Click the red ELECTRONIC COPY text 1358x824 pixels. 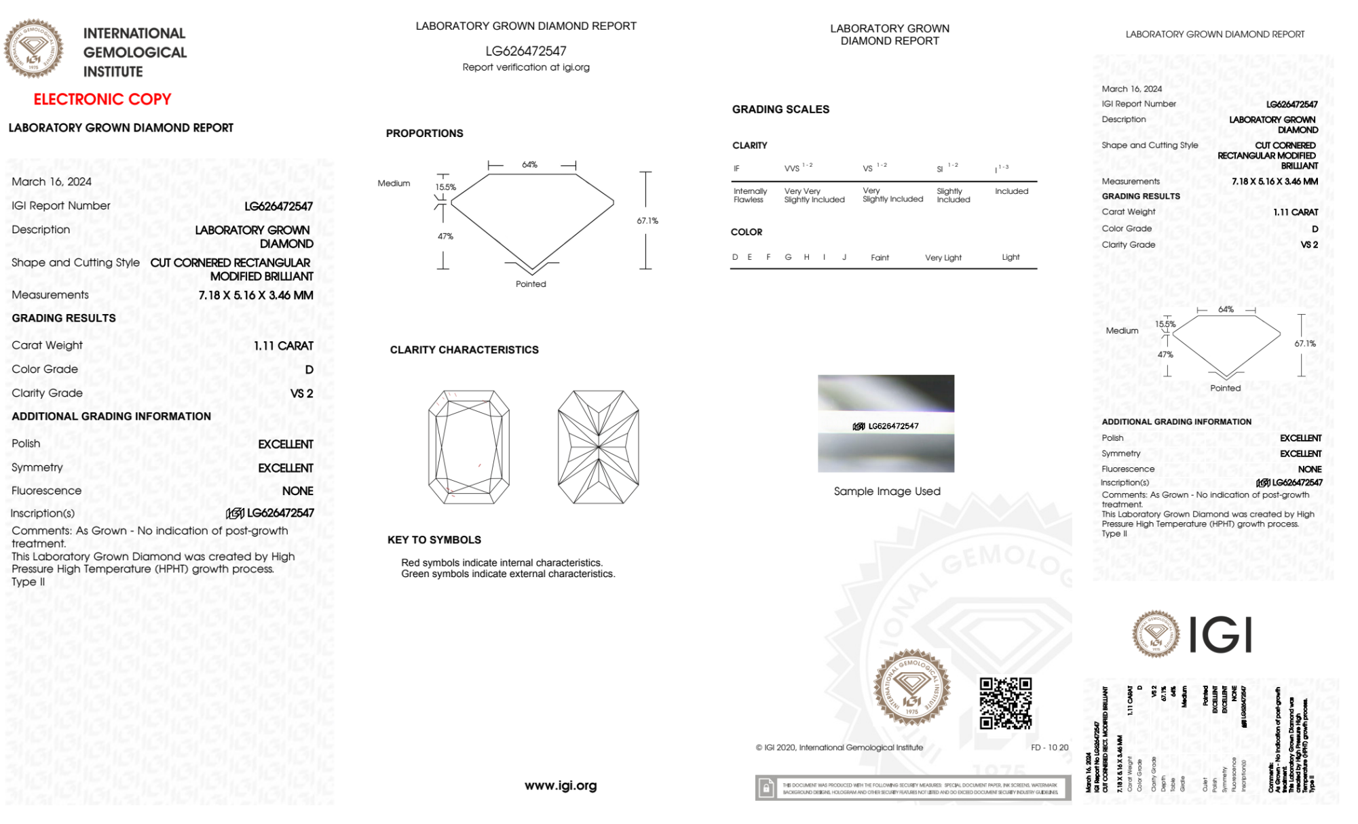pyautogui.click(x=102, y=99)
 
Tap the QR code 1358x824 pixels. pyautogui.click(x=1005, y=703)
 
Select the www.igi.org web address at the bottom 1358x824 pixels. pyautogui.click(x=561, y=785)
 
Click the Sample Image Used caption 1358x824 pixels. pyautogui.click(x=887, y=491)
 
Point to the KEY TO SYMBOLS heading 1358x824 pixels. pyautogui.click(x=434, y=540)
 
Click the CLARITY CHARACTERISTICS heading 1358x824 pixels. pyautogui.click(x=464, y=350)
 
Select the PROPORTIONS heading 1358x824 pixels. pyautogui.click(x=425, y=134)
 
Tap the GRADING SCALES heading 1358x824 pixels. pyautogui.click(x=780, y=109)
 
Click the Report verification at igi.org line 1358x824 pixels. pyautogui.click(x=526, y=67)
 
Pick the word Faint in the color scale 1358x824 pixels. pyautogui.click(x=880, y=258)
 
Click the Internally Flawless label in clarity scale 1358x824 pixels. pyautogui.click(x=749, y=195)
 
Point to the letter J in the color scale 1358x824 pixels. pyautogui.click(x=844, y=257)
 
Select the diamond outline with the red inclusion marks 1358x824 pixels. pyautogui.click(x=469, y=447)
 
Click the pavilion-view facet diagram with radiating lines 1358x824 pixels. pyautogui.click(x=598, y=447)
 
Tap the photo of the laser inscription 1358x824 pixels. pyautogui.click(x=886, y=423)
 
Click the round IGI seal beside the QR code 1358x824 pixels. pyautogui.click(x=911, y=687)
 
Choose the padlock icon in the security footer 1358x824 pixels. pyautogui.click(x=766, y=788)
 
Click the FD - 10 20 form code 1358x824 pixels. pyautogui.click(x=1049, y=747)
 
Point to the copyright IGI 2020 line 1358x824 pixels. pyautogui.click(x=840, y=747)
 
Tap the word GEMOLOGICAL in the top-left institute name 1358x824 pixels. pyautogui.click(x=134, y=52)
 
